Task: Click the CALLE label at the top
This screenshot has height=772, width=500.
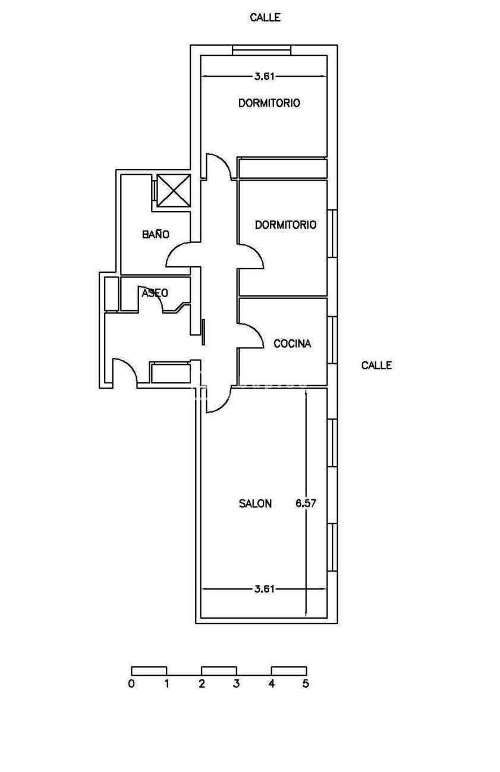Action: pos(265,18)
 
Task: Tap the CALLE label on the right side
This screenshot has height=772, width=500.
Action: pos(376,365)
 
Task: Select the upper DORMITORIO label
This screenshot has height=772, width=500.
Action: pos(269,103)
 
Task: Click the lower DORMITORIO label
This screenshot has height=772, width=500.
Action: pos(285,225)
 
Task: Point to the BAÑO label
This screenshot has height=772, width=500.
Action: pos(156,234)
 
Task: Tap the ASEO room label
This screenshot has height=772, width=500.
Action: pos(155,293)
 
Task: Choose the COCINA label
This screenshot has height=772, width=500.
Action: pos(293,344)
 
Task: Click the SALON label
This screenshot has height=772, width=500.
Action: pos(255,504)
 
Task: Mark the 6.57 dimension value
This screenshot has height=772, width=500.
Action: pos(306,503)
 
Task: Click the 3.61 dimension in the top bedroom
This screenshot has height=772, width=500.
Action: pos(265,77)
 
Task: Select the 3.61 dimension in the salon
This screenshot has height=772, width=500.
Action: pos(265,589)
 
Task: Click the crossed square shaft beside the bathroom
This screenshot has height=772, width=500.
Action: pos(174,191)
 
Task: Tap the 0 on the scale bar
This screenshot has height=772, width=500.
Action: pos(131,684)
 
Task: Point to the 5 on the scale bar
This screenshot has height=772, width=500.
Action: pos(306,684)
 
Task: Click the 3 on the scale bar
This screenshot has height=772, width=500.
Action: pos(236,684)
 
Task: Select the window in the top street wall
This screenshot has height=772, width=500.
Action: pos(262,50)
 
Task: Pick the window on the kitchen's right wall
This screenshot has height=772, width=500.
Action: pos(332,340)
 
